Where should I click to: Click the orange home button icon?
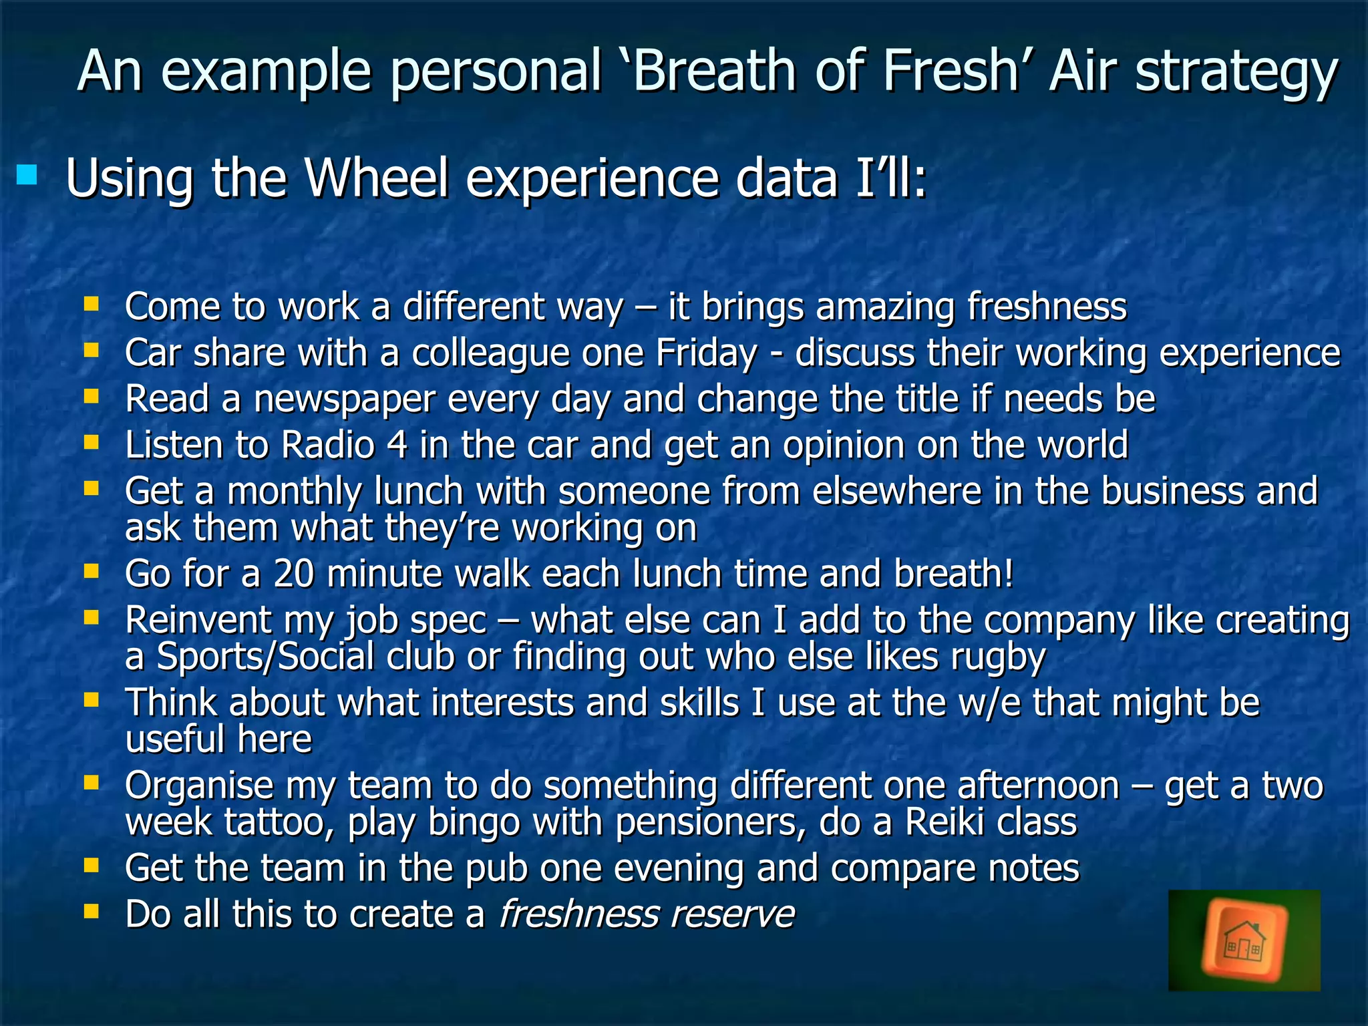click(x=1244, y=940)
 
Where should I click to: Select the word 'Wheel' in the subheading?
click(x=377, y=178)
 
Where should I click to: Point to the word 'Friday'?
click(x=707, y=353)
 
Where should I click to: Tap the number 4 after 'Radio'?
click(x=397, y=445)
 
